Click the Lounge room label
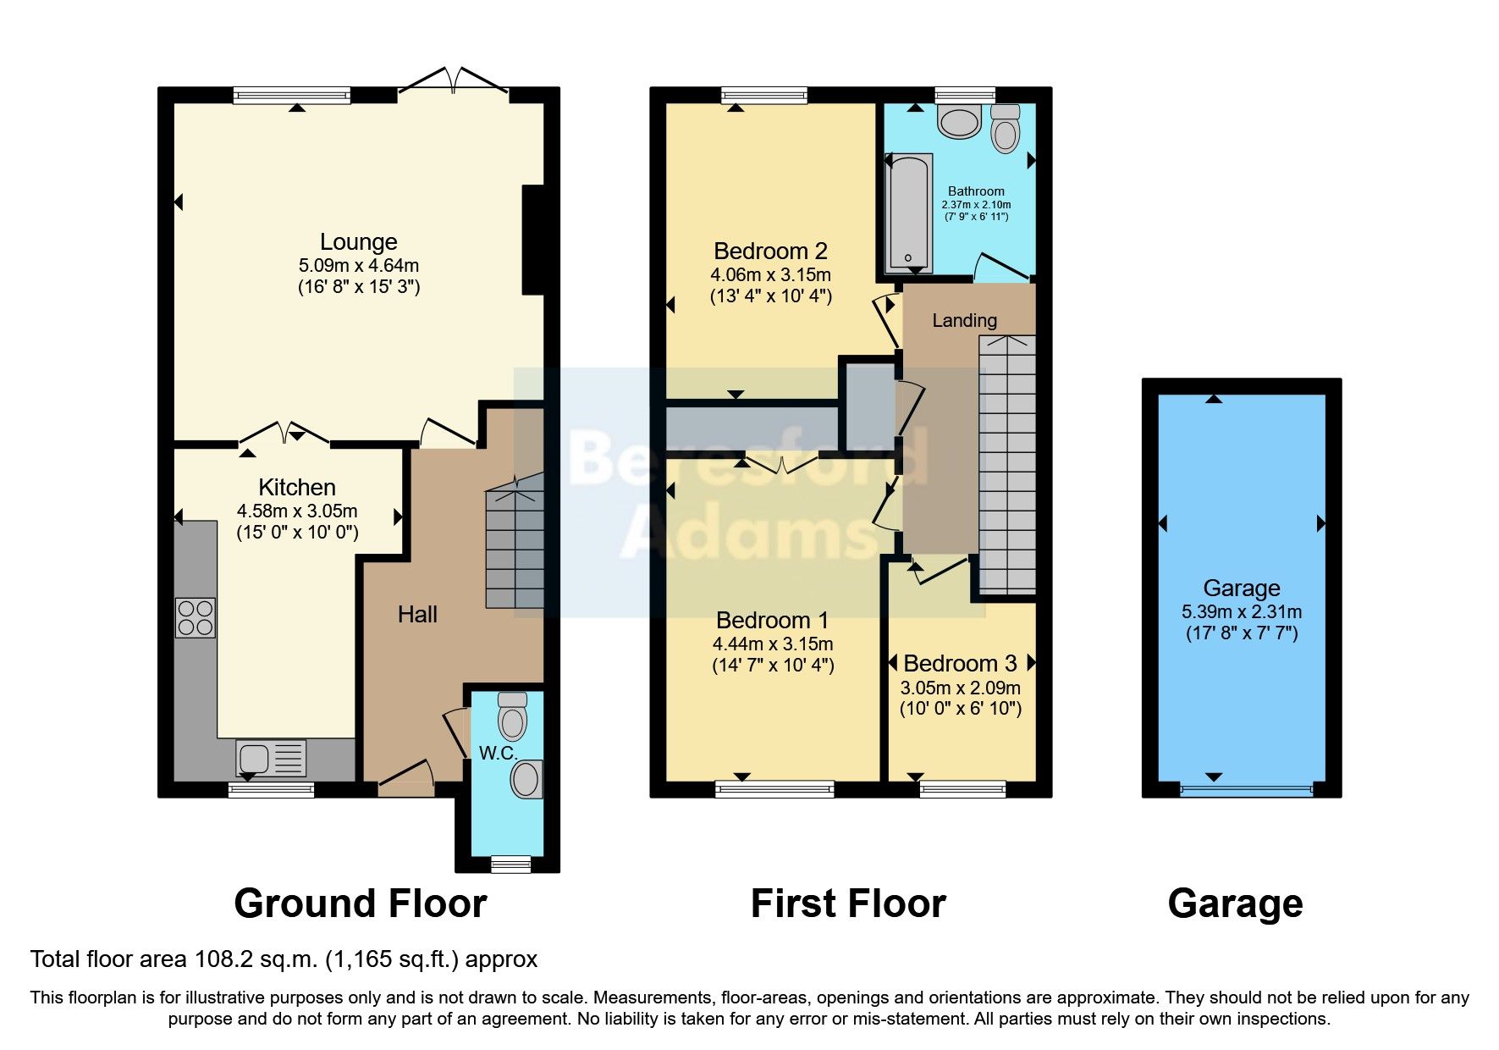coord(358,242)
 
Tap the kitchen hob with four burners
coord(195,617)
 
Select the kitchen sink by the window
coord(271,757)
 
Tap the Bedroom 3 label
coord(961,663)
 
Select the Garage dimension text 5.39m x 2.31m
coord(1242,611)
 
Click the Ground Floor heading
coord(360,904)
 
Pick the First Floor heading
coord(848,904)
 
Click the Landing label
coord(964,320)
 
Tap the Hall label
coord(417,615)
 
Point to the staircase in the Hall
coord(515,542)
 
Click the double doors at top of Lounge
coord(454,81)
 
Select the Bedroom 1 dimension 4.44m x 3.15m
coord(772,644)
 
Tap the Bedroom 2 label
coord(770,251)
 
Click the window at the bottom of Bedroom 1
coord(774,789)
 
